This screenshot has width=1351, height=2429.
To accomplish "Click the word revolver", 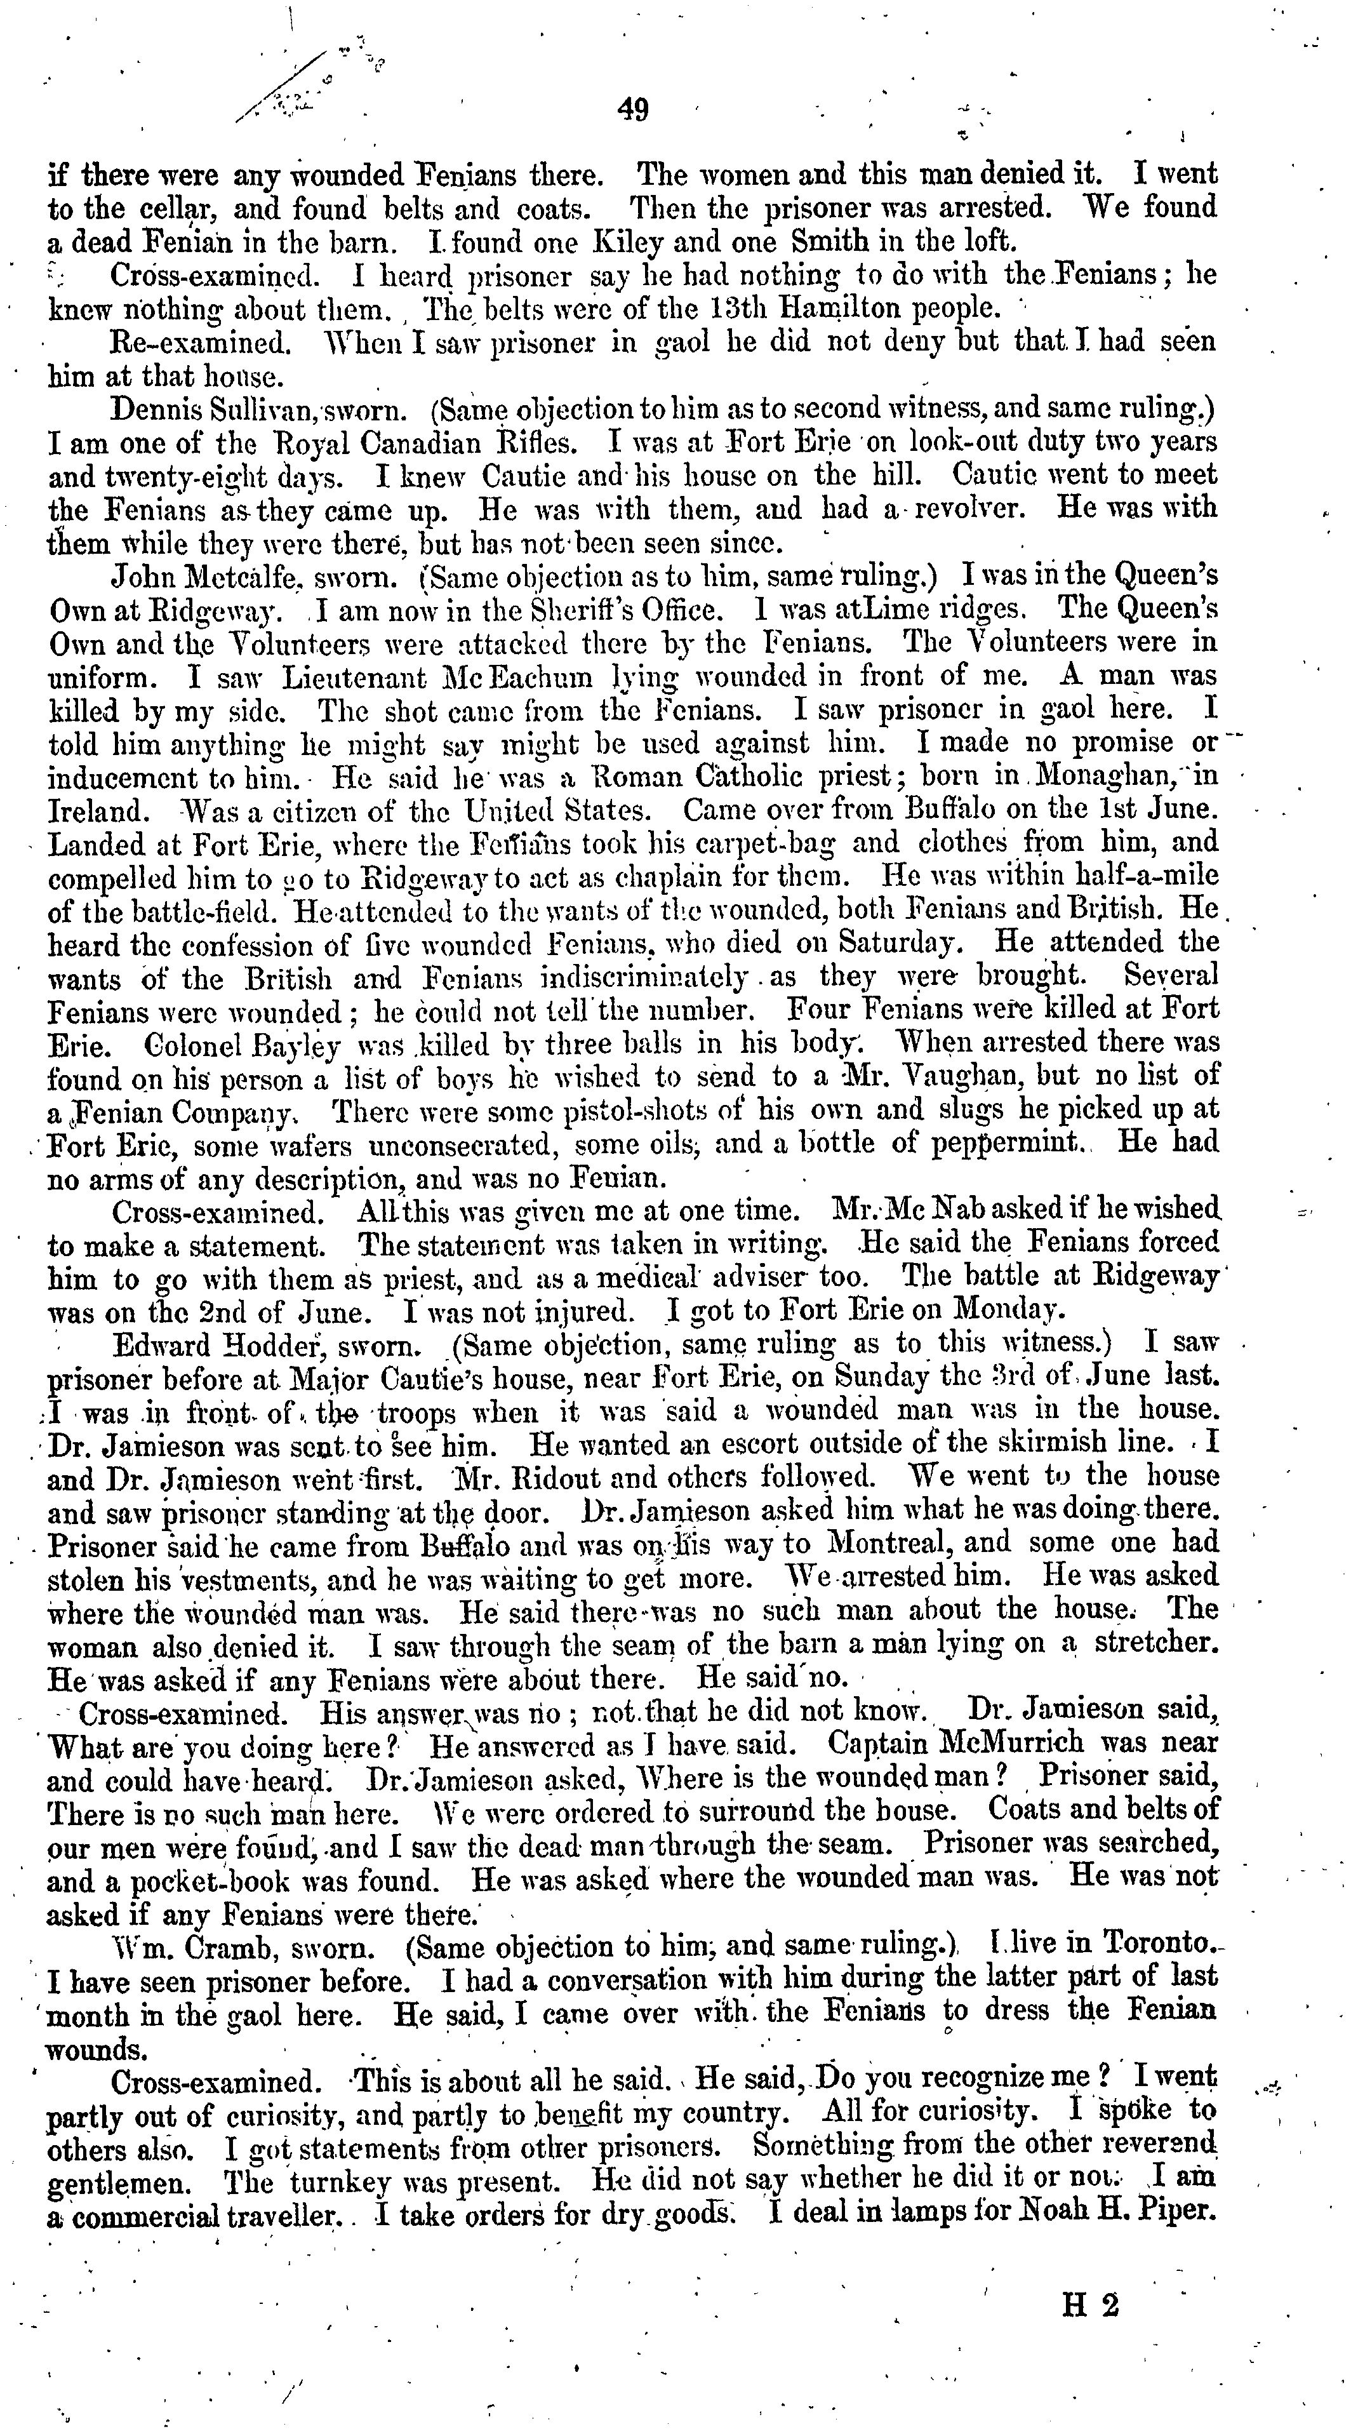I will (980, 509).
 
